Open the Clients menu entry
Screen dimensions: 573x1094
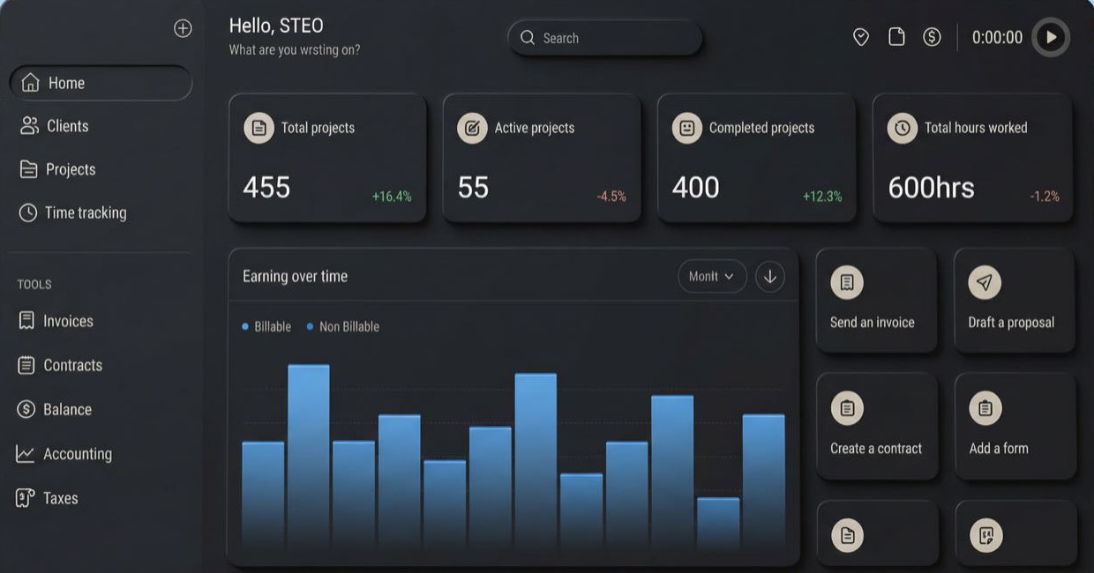click(x=67, y=126)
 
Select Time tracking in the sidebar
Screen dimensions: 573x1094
click(x=85, y=212)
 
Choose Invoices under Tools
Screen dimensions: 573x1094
click(x=68, y=321)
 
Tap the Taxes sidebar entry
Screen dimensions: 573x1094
click(x=60, y=498)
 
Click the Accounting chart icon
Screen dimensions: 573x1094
click(x=26, y=454)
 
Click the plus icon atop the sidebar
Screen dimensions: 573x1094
click(x=183, y=28)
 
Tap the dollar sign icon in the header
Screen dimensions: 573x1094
click(x=932, y=37)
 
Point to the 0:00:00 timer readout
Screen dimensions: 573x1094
click(x=997, y=37)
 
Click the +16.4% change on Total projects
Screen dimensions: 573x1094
click(x=392, y=197)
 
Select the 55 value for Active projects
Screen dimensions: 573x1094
click(x=473, y=187)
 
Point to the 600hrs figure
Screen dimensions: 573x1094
click(x=931, y=187)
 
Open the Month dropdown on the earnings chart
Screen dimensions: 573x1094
click(x=712, y=276)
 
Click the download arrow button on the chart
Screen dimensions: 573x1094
click(x=770, y=276)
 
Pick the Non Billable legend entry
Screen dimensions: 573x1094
click(x=348, y=326)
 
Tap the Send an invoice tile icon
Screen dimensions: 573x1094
click(x=847, y=282)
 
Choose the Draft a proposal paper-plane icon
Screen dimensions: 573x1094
click(x=985, y=282)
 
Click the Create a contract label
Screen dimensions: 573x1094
click(x=876, y=448)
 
